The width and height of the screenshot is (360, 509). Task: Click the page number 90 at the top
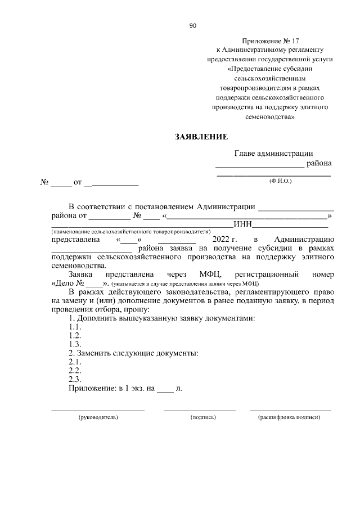tap(192, 25)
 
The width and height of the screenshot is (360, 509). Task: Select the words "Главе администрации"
tap(273, 153)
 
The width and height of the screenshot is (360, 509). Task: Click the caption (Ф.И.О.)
tap(281, 181)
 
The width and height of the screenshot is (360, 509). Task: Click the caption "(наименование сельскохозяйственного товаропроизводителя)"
tap(130, 231)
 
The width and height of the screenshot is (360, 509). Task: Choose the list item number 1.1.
tap(75, 327)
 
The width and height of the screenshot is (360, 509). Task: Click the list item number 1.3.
tap(75, 344)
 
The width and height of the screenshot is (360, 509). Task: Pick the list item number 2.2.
tap(75, 371)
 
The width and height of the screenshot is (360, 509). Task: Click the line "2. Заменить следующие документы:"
tap(133, 353)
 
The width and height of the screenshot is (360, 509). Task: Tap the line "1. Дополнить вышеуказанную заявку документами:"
tap(161, 318)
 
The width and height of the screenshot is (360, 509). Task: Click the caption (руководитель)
tap(98, 418)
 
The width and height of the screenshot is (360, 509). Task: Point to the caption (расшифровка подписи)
tap(289, 418)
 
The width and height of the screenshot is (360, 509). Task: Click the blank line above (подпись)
tap(199, 411)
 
